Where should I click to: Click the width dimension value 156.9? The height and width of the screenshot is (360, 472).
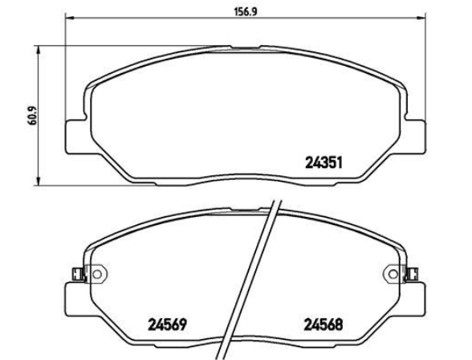point(246,12)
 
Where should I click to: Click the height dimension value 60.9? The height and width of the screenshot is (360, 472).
point(31,116)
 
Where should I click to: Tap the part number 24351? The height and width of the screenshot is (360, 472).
point(324,163)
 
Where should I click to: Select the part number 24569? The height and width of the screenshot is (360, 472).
point(167,325)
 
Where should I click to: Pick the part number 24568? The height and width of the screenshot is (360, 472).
point(323,325)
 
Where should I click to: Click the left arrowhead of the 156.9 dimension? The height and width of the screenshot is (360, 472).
point(70,18)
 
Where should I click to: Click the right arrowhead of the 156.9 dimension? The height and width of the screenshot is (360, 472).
point(421,18)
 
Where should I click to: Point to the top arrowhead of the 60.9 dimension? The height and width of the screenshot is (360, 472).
point(38,50)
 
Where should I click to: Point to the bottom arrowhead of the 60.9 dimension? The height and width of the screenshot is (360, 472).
point(38,182)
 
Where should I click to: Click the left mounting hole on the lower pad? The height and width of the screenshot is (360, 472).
point(97,274)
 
